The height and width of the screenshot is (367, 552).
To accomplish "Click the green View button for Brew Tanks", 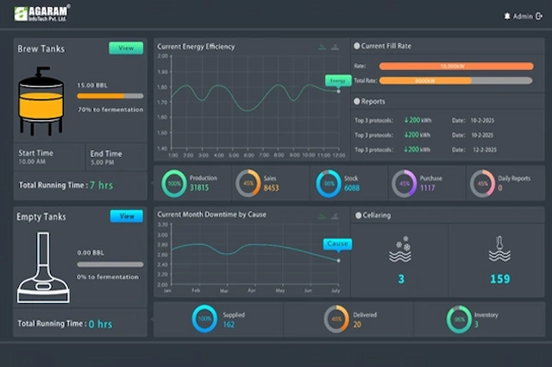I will (126, 48).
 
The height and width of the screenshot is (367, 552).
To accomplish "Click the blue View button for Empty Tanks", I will (126, 216).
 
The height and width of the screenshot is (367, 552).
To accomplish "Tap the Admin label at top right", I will (522, 16).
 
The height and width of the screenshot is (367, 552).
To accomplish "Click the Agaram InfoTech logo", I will (42, 14).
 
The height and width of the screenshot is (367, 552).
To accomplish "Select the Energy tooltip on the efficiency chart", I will (337, 80).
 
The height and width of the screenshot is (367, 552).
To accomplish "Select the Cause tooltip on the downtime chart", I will (337, 244).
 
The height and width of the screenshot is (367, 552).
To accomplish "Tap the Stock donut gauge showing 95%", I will (328, 183).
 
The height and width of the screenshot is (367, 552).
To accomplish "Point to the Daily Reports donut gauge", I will (481, 183).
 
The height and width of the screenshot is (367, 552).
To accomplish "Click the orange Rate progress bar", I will (455, 66).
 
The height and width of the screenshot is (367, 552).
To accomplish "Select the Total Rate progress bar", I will (455, 80).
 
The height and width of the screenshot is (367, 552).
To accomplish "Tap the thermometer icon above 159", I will (499, 248).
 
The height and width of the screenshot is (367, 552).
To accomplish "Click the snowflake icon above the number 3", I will (400, 249).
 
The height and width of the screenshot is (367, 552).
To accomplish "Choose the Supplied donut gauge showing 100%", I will (204, 320).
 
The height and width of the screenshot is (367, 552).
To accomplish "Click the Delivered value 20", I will (357, 325).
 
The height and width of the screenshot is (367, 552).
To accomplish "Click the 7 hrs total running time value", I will (101, 185).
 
